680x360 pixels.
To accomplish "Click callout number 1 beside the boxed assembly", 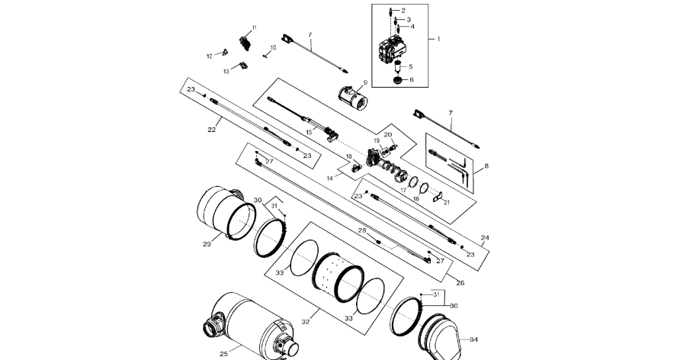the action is [x=438, y=39].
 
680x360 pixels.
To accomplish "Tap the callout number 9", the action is [x=365, y=82].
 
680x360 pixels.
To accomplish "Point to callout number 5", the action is [x=411, y=67].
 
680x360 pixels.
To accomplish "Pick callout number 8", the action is [x=486, y=166].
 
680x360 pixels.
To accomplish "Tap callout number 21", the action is [x=447, y=203].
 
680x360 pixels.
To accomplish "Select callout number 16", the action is [x=416, y=199].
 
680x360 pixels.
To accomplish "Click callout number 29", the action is [x=207, y=244].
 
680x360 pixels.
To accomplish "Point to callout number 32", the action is [x=306, y=322].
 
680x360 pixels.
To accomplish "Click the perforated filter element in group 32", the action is [x=338, y=277].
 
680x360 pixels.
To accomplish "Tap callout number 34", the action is [x=473, y=339].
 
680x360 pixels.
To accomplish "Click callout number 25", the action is [x=223, y=354].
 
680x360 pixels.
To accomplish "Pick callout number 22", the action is [x=212, y=129].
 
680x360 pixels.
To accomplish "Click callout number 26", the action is [x=460, y=283].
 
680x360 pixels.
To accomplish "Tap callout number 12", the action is [x=210, y=56].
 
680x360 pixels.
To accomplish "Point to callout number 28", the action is [x=362, y=230].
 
